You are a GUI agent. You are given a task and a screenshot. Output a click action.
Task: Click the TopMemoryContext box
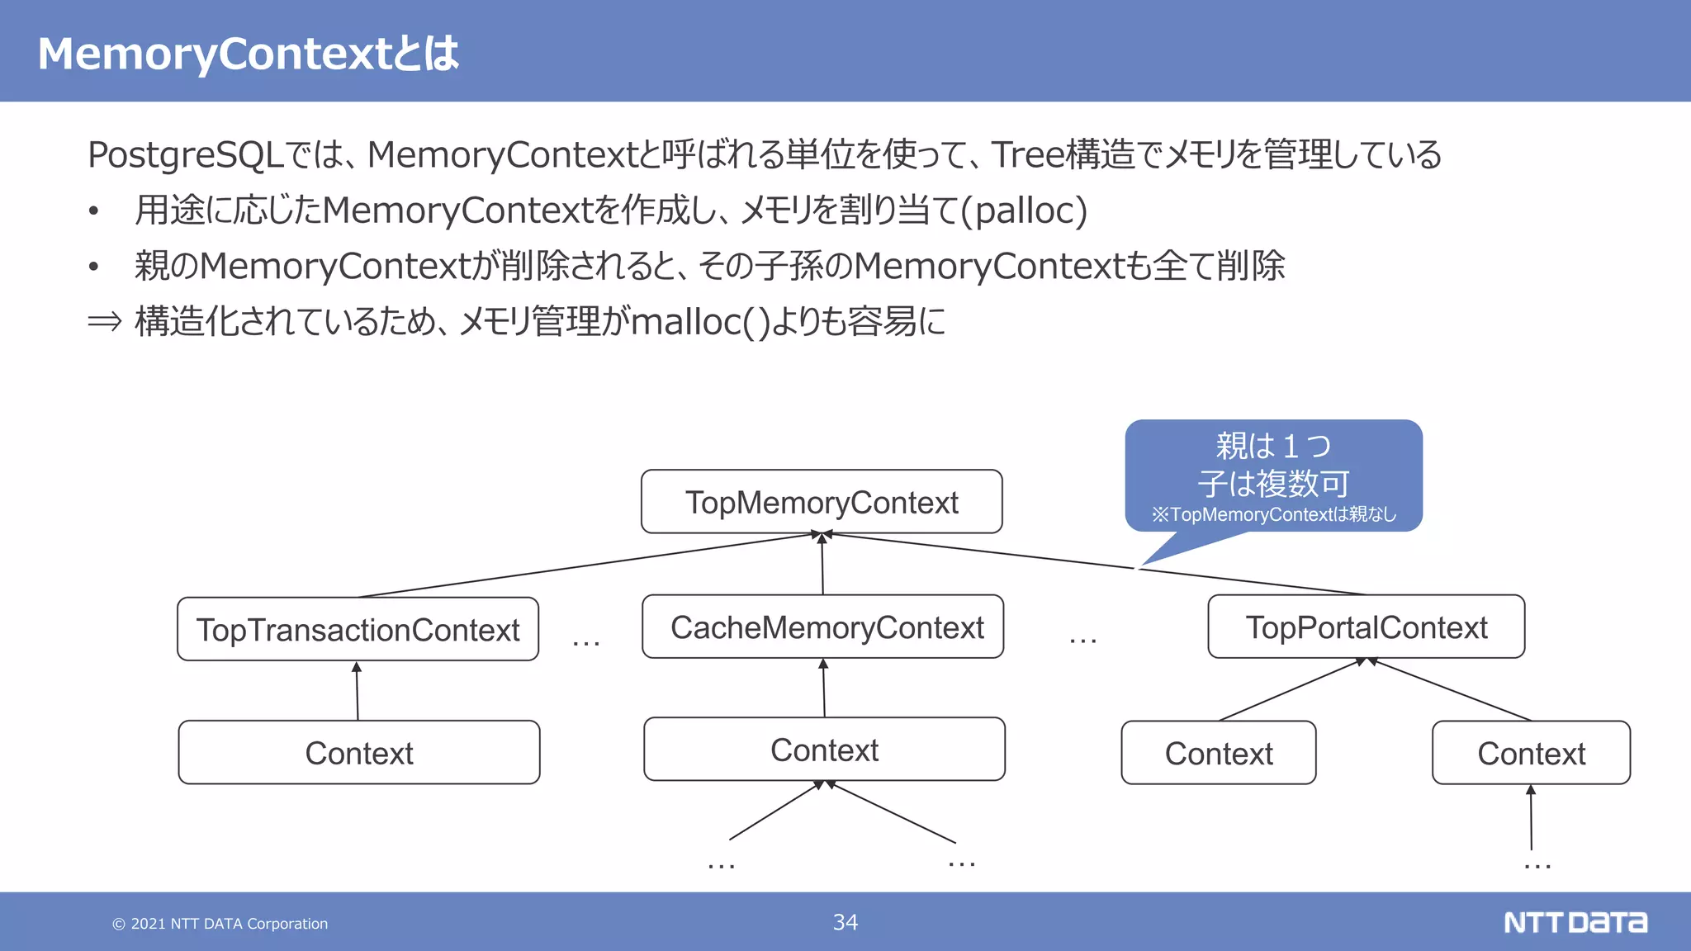coord(822,502)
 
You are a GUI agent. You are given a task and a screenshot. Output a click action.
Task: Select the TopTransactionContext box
coord(358,629)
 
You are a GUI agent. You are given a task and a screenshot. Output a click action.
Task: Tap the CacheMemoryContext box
coord(823,627)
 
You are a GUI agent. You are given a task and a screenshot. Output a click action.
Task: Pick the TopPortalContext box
coord(1366,627)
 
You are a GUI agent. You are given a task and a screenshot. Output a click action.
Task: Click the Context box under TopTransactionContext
coord(359,753)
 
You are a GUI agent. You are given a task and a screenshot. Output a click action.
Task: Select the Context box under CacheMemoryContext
coord(824,750)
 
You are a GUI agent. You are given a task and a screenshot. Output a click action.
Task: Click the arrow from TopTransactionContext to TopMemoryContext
coord(578,567)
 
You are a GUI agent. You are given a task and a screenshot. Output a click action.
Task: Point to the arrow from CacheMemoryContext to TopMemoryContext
coord(822,565)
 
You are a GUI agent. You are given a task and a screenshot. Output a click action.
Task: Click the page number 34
coord(845,922)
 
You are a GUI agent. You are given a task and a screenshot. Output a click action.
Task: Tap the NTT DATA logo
coord(1575,922)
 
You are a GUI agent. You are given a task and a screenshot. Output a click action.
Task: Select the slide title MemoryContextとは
coord(248,54)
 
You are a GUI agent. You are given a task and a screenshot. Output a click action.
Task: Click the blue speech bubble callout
coord(1273,477)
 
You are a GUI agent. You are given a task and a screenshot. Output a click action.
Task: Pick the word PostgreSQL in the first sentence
coord(186,155)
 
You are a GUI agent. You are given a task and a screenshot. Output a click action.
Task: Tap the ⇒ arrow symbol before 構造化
coord(104,322)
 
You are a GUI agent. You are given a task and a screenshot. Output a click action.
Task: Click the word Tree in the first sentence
coord(1028,155)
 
